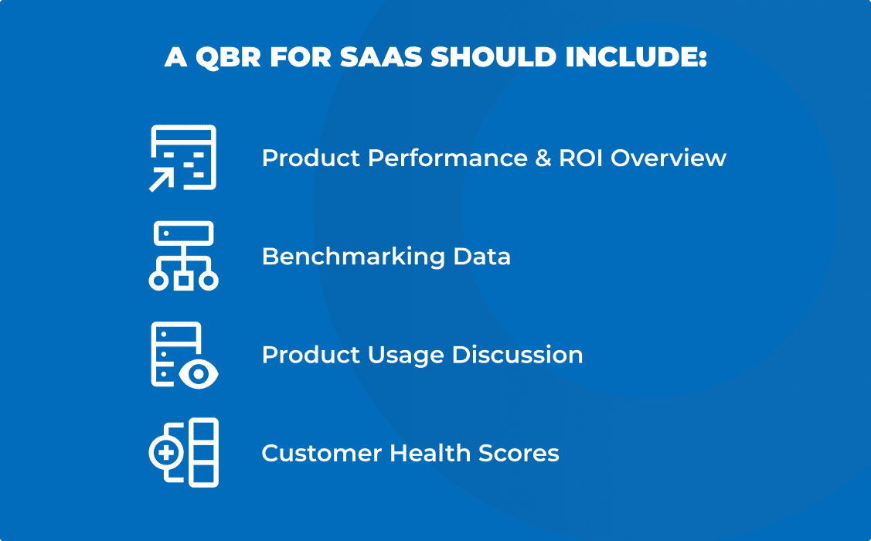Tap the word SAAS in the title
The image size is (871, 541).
383,59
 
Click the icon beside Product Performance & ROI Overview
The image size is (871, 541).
183,158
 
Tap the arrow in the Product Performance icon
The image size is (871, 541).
162,179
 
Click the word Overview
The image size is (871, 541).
669,158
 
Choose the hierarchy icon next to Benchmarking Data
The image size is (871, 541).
183,256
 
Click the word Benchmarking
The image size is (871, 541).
337,257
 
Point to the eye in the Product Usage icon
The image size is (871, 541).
199,375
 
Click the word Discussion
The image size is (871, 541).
517,355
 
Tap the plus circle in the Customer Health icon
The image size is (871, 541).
164,453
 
